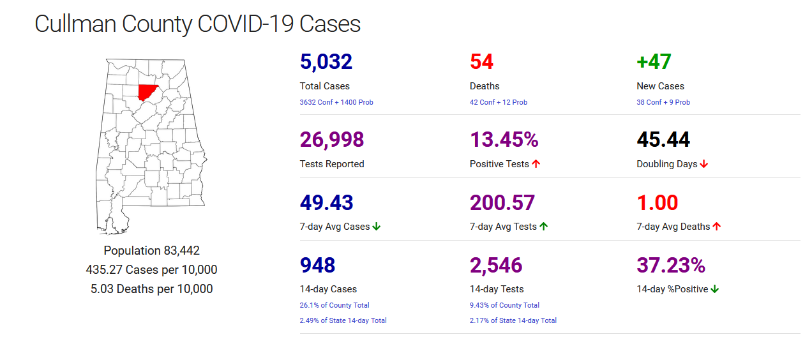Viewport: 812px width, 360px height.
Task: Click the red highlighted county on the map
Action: [x=148, y=92]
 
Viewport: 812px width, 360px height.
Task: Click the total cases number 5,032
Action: [x=326, y=62]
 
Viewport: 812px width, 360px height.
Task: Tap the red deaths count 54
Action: [x=481, y=62]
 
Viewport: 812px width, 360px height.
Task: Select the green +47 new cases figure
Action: [x=654, y=62]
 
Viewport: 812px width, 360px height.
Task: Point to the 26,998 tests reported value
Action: [x=332, y=140]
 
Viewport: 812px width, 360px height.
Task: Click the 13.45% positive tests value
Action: [x=504, y=140]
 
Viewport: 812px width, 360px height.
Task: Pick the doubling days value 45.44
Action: [x=663, y=140]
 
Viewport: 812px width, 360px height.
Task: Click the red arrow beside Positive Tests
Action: [x=536, y=164]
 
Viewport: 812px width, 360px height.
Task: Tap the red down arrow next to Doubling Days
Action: [x=704, y=164]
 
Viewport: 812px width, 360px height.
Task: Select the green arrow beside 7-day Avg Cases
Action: [x=377, y=227]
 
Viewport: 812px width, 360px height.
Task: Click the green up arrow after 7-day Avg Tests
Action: [x=544, y=227]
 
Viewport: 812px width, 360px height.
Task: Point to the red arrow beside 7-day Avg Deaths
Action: [x=717, y=227]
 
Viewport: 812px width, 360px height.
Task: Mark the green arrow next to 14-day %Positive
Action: [x=715, y=289]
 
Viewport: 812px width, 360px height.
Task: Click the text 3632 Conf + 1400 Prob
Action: [x=336, y=102]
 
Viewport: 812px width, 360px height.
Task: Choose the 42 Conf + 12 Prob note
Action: [x=499, y=102]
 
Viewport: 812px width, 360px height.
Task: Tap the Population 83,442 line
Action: [x=152, y=251]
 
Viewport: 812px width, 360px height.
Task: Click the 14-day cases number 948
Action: [x=317, y=265]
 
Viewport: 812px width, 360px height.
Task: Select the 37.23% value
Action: [x=671, y=265]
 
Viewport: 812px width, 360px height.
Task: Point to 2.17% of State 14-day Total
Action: [x=513, y=320]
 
